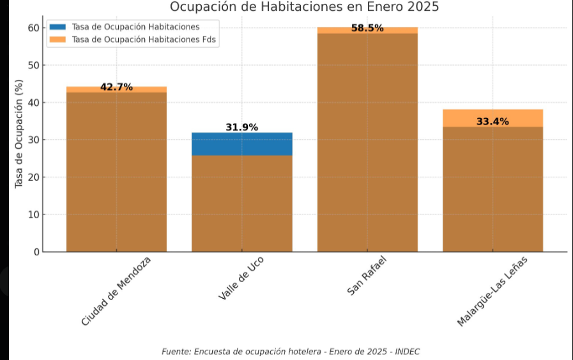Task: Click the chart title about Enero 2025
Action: pyautogui.click(x=304, y=7)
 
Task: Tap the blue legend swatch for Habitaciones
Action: pyautogui.click(x=57, y=27)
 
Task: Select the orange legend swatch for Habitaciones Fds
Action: pyautogui.click(x=57, y=39)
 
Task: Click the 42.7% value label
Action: pyautogui.click(x=116, y=87)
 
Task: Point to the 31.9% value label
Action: pyautogui.click(x=242, y=127)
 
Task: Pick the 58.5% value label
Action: pyautogui.click(x=367, y=28)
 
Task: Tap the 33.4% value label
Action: pyautogui.click(x=493, y=121)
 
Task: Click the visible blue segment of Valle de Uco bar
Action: pyautogui.click(x=242, y=144)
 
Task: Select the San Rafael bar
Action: pyautogui.click(x=367, y=147)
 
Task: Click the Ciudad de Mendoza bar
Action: pyautogui.click(x=116, y=172)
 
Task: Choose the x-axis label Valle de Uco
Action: pyautogui.click(x=241, y=278)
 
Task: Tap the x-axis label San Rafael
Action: pyautogui.click(x=367, y=276)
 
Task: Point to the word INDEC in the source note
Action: pyautogui.click(x=408, y=352)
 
